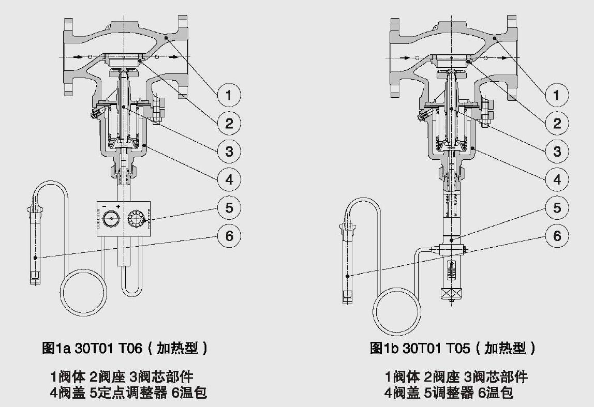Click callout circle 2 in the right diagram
tap(557, 123)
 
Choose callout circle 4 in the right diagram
tap(557, 180)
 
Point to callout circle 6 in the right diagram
tap(557, 236)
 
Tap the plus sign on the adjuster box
tap(118, 207)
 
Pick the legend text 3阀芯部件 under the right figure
tap(495, 376)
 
